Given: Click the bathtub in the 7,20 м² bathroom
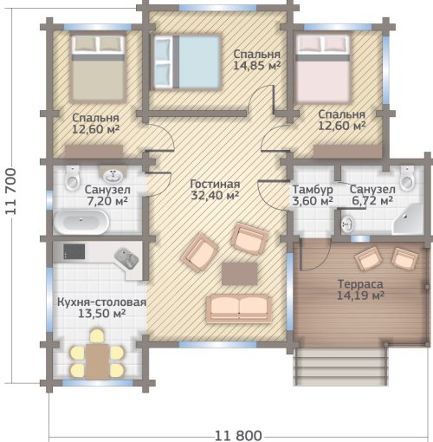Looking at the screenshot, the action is pos(81,222).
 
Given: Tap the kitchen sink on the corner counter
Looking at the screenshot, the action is pos(127,258).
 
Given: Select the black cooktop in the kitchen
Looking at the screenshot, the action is pos(74,251).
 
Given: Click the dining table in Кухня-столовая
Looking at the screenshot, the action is pos(97,361).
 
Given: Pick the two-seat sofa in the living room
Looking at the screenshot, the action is pos(239,309).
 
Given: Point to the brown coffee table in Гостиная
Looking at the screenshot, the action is pos(239,274).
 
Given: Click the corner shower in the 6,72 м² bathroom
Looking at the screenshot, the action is pos(408,218).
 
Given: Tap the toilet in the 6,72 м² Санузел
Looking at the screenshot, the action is pos(407,178).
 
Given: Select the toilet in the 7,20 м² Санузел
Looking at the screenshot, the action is pos(72,178).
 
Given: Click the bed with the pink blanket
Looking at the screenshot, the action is pos(323,68).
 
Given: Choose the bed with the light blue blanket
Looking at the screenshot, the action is pos(187,62).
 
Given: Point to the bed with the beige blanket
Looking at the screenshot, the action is pos(98,68).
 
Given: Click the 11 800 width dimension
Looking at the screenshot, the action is pos(238,435).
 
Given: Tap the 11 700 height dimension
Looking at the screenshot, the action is pos(11,191).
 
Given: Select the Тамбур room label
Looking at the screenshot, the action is pos(313,190).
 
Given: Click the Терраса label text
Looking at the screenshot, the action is pos(360,284).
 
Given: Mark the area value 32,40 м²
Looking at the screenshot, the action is pos(215,196).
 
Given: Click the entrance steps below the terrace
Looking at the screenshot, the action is pos(340,367).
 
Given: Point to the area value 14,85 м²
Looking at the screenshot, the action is pos(256,66).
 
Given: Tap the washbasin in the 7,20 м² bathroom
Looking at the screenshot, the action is pos(113,174).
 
